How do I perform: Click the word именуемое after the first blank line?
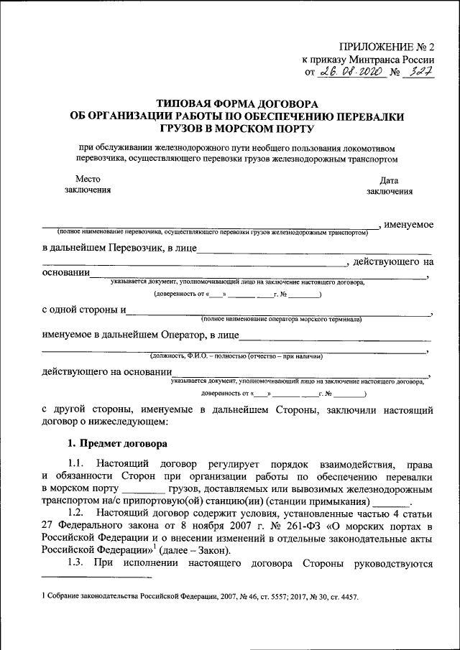pyautogui.click(x=408, y=225)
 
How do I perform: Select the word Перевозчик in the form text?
pyautogui.click(x=137, y=249)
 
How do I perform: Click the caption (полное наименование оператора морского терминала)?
pyautogui.click(x=282, y=318)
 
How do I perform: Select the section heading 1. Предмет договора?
pyautogui.click(x=116, y=443)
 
